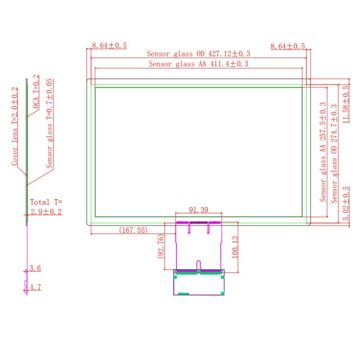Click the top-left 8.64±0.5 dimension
109,46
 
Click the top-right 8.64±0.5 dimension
287,46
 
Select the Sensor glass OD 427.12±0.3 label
199,54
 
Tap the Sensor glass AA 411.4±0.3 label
199,64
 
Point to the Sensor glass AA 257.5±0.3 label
323,152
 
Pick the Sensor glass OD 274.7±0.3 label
334,154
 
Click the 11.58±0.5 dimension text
346,104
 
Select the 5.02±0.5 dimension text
346,203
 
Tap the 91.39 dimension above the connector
199,209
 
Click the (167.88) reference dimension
133,230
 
